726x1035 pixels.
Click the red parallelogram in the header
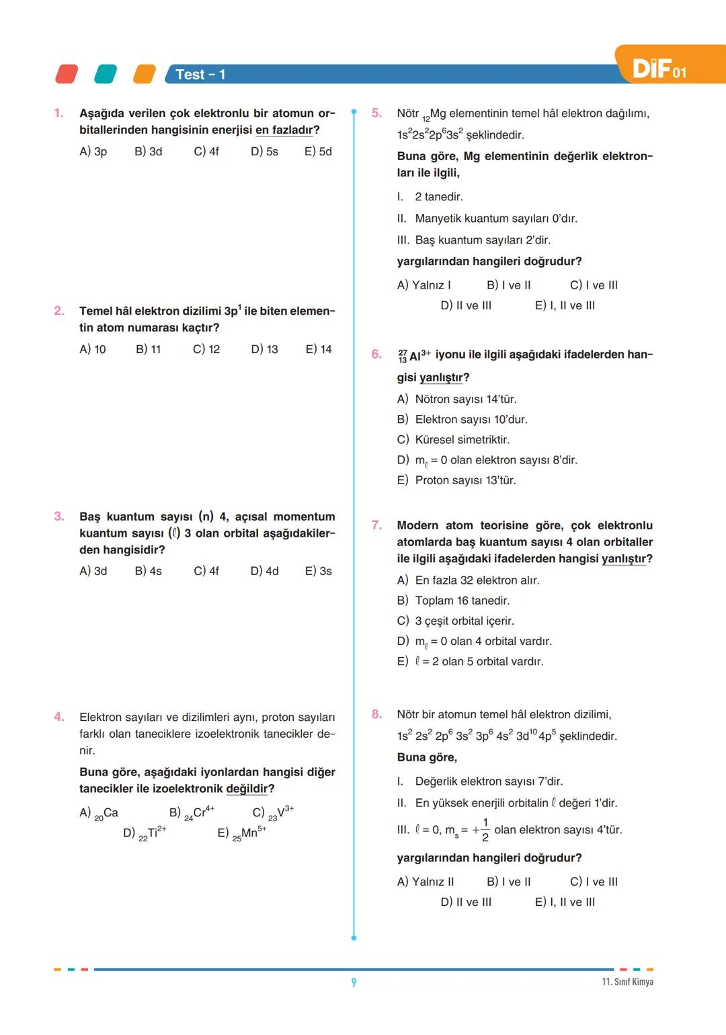pyautogui.click(x=67, y=74)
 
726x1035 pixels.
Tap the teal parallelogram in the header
pyautogui.click(x=106, y=74)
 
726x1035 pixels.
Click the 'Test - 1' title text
pyautogui.click(x=200, y=75)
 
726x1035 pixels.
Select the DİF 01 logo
pyautogui.click(x=659, y=69)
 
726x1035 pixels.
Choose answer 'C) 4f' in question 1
pyautogui.click(x=206, y=152)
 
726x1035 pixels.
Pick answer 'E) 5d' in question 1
pyautogui.click(x=318, y=152)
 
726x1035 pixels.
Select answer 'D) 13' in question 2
pyautogui.click(x=264, y=350)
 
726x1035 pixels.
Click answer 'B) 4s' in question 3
pyautogui.click(x=148, y=571)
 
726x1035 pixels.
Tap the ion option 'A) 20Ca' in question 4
pyautogui.click(x=99, y=813)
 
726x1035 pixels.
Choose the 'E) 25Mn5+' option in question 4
pyautogui.click(x=242, y=833)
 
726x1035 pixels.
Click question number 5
pyautogui.click(x=376, y=113)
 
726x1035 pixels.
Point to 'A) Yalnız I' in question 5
pyautogui.click(x=424, y=285)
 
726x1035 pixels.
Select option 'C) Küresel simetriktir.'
pyautogui.click(x=453, y=440)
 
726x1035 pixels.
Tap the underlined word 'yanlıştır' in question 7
pyautogui.click(x=623, y=559)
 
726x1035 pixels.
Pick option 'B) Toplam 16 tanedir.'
pyautogui.click(x=453, y=601)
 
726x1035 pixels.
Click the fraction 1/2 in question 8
pyautogui.click(x=485, y=830)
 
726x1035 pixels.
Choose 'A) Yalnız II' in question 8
pyautogui.click(x=425, y=882)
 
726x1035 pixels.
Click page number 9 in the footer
pyautogui.click(x=354, y=983)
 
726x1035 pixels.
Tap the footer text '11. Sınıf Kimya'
pyautogui.click(x=627, y=982)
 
